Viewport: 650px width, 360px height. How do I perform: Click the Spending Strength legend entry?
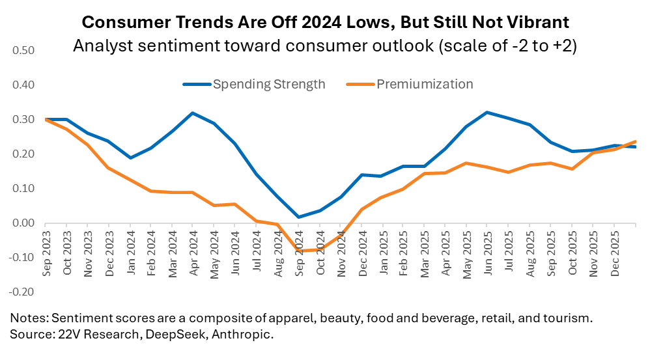(x=269, y=85)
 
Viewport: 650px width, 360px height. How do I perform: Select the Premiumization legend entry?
(x=424, y=85)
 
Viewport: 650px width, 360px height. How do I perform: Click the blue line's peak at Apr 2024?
(x=193, y=113)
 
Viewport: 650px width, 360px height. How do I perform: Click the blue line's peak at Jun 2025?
(x=487, y=113)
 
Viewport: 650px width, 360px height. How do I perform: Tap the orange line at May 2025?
(x=466, y=163)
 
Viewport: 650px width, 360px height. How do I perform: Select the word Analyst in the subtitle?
(x=100, y=48)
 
